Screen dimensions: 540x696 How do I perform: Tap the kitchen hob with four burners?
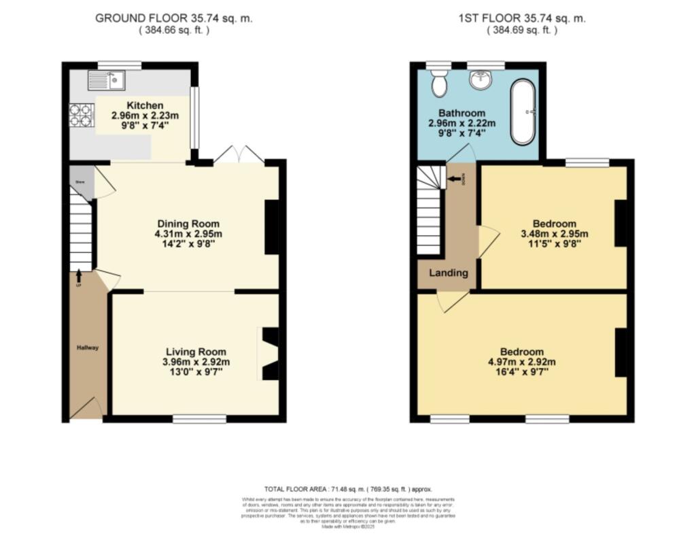point(81,114)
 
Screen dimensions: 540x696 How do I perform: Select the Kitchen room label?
point(145,105)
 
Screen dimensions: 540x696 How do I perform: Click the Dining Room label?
point(188,224)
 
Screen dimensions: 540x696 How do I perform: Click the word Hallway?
point(87,348)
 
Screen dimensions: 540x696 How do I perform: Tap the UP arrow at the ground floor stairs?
point(79,275)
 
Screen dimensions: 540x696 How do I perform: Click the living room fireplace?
point(270,354)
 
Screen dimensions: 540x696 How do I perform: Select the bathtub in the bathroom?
point(523,112)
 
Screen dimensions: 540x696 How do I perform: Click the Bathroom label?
point(462,113)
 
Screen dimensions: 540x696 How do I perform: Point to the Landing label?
point(448,273)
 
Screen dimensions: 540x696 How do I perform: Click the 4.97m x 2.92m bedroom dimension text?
point(522,362)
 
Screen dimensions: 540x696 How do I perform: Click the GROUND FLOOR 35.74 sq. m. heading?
point(174,18)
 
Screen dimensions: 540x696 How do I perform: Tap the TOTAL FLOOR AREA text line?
point(347,489)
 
